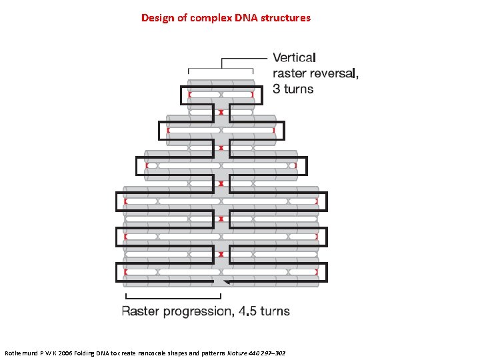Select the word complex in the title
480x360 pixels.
(209, 18)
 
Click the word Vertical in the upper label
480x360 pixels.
(295, 59)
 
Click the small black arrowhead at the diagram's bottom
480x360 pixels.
(227, 283)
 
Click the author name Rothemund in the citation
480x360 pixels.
(24, 352)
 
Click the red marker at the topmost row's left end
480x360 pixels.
(189, 95)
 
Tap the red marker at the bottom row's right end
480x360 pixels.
(317, 272)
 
